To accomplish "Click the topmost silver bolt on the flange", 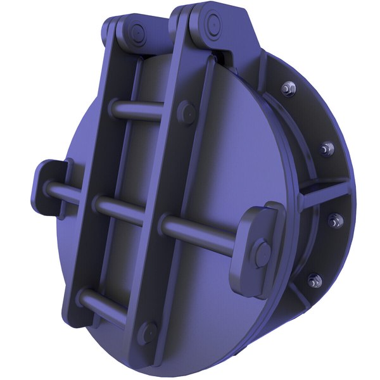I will [x=289, y=88].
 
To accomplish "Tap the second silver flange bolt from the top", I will [x=327, y=149].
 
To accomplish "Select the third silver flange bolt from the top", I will [x=334, y=221].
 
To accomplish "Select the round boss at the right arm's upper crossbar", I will [x=186, y=113].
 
